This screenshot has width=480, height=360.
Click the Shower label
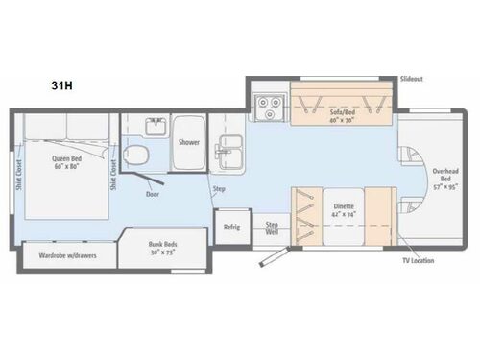click(x=188, y=141)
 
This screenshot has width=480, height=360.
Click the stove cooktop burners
click(x=266, y=106)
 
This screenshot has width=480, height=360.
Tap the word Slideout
click(x=413, y=78)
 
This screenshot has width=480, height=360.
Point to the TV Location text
click(x=420, y=261)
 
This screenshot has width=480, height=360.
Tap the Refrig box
click(x=231, y=228)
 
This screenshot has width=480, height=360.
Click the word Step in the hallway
click(x=219, y=189)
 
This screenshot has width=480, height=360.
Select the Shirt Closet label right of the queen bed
click(x=113, y=173)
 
